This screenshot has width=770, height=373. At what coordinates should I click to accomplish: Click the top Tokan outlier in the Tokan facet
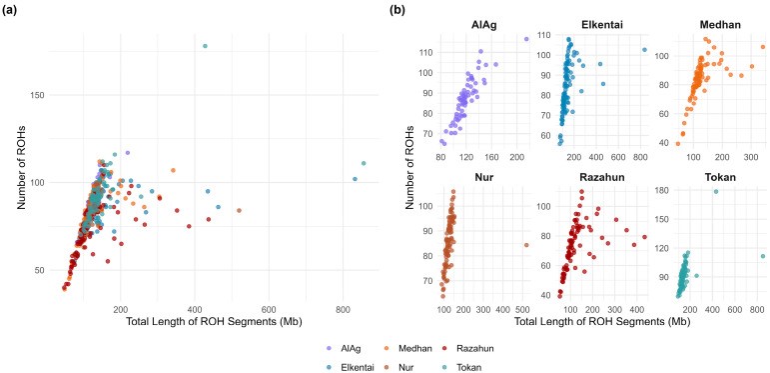click(x=715, y=191)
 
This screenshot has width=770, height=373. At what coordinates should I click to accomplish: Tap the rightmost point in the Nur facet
click(x=526, y=245)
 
